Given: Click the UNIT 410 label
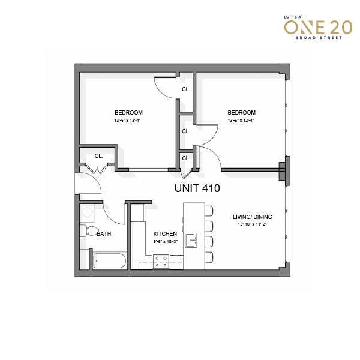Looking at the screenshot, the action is click(x=197, y=188).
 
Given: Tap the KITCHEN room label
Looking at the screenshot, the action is click(x=165, y=234).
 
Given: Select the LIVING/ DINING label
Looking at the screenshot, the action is click(x=253, y=217).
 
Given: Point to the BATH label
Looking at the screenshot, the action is click(x=104, y=234).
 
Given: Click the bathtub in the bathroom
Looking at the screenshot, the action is click(x=110, y=261).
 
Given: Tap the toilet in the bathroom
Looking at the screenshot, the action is click(x=89, y=231).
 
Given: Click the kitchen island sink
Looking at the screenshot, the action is click(x=191, y=240).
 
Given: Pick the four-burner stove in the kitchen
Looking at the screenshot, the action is click(x=161, y=261).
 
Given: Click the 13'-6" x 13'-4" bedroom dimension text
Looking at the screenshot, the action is click(x=127, y=121).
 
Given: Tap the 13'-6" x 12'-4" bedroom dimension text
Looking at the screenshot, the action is click(x=241, y=121).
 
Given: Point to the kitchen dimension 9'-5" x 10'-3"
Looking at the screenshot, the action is click(x=166, y=242).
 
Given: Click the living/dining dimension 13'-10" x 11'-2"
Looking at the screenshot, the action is click(x=252, y=224).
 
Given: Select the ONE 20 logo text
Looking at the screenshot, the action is click(x=318, y=28).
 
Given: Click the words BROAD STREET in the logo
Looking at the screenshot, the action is click(x=319, y=38).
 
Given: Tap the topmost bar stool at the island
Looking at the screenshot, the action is click(x=209, y=211).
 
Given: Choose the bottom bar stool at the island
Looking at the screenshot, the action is click(x=209, y=257).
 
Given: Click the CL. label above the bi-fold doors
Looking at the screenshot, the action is click(x=99, y=156).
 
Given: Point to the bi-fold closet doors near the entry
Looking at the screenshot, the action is click(x=97, y=169).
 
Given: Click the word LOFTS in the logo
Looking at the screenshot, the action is click(x=290, y=17).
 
